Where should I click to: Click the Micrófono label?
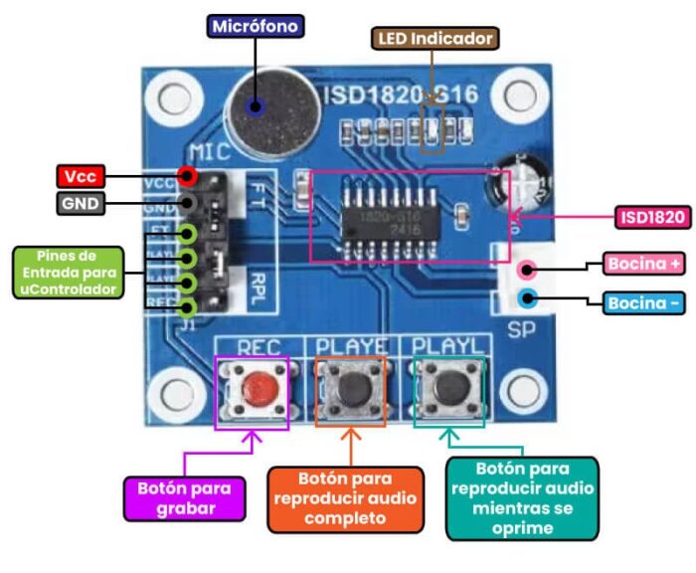click(x=254, y=27)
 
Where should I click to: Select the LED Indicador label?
click(x=435, y=39)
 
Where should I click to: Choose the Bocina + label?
click(x=643, y=265)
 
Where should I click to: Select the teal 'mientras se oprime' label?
click(x=523, y=497)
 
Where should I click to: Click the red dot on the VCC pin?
click(x=186, y=177)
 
